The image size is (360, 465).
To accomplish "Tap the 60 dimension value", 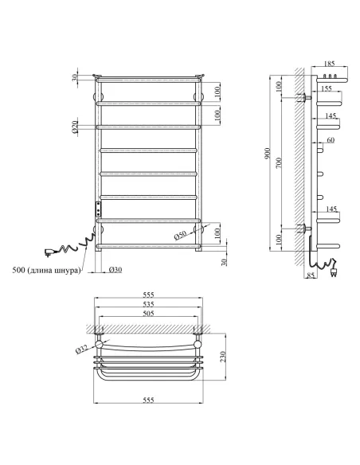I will tap(331, 141).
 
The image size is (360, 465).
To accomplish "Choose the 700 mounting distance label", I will tap(278, 162).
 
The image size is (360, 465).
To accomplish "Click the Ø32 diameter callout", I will tap(81, 348).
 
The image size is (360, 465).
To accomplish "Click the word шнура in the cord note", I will tap(64, 270).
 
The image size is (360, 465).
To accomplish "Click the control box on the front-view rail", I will tap(98, 209).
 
